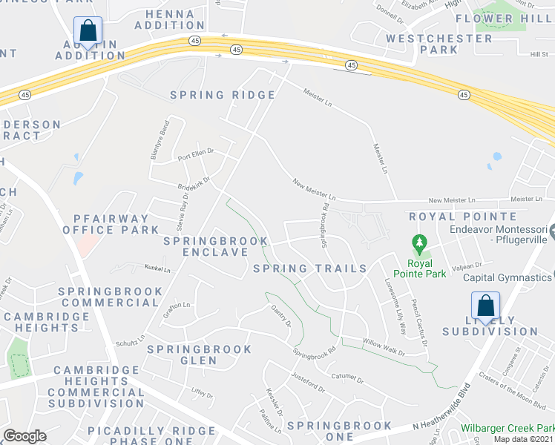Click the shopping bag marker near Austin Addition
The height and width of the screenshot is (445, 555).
point(88,32)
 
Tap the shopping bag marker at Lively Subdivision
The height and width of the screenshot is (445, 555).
point(485,306)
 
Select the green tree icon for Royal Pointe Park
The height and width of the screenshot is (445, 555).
point(419,243)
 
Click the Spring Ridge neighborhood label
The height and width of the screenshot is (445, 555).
point(223,95)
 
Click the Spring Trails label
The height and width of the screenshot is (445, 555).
point(310,268)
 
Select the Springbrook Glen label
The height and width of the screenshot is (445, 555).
point(182,355)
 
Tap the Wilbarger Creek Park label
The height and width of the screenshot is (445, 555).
point(507,429)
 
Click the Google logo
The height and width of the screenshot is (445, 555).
point(24,436)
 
